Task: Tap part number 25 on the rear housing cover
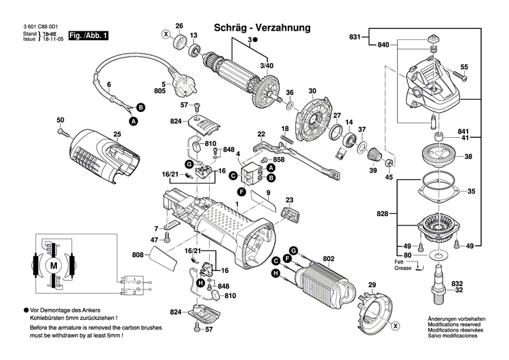(x=116, y=134)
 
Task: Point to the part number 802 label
(x=329, y=258)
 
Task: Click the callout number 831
(x=355, y=36)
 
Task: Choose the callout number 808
(x=138, y=255)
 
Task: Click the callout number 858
(x=260, y=159)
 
